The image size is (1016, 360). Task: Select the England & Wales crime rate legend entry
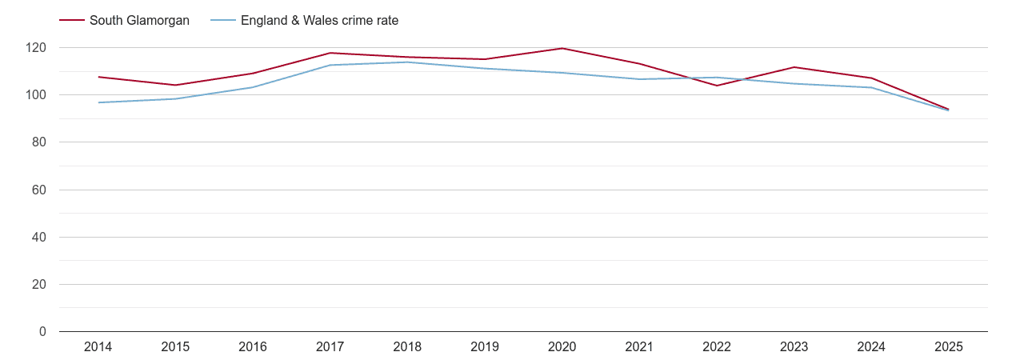tap(319, 21)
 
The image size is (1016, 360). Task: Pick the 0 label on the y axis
tap(42, 332)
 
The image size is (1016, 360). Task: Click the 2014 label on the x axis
tap(98, 347)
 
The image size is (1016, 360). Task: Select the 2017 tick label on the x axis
tap(330, 347)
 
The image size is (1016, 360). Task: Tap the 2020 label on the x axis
tap(562, 347)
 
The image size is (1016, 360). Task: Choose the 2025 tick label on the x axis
tap(949, 347)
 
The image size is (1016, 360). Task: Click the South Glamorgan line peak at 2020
tap(562, 48)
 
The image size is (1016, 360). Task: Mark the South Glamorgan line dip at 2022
tap(717, 86)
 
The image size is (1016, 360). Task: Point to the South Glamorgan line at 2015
tap(175, 85)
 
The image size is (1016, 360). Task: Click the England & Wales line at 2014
tap(98, 102)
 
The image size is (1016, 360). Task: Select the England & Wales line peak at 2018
tap(407, 62)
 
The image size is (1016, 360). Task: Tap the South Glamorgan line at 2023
tap(794, 67)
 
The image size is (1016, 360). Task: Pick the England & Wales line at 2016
tap(253, 87)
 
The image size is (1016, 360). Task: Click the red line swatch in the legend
tap(72, 21)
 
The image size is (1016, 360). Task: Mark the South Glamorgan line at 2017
tap(330, 53)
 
